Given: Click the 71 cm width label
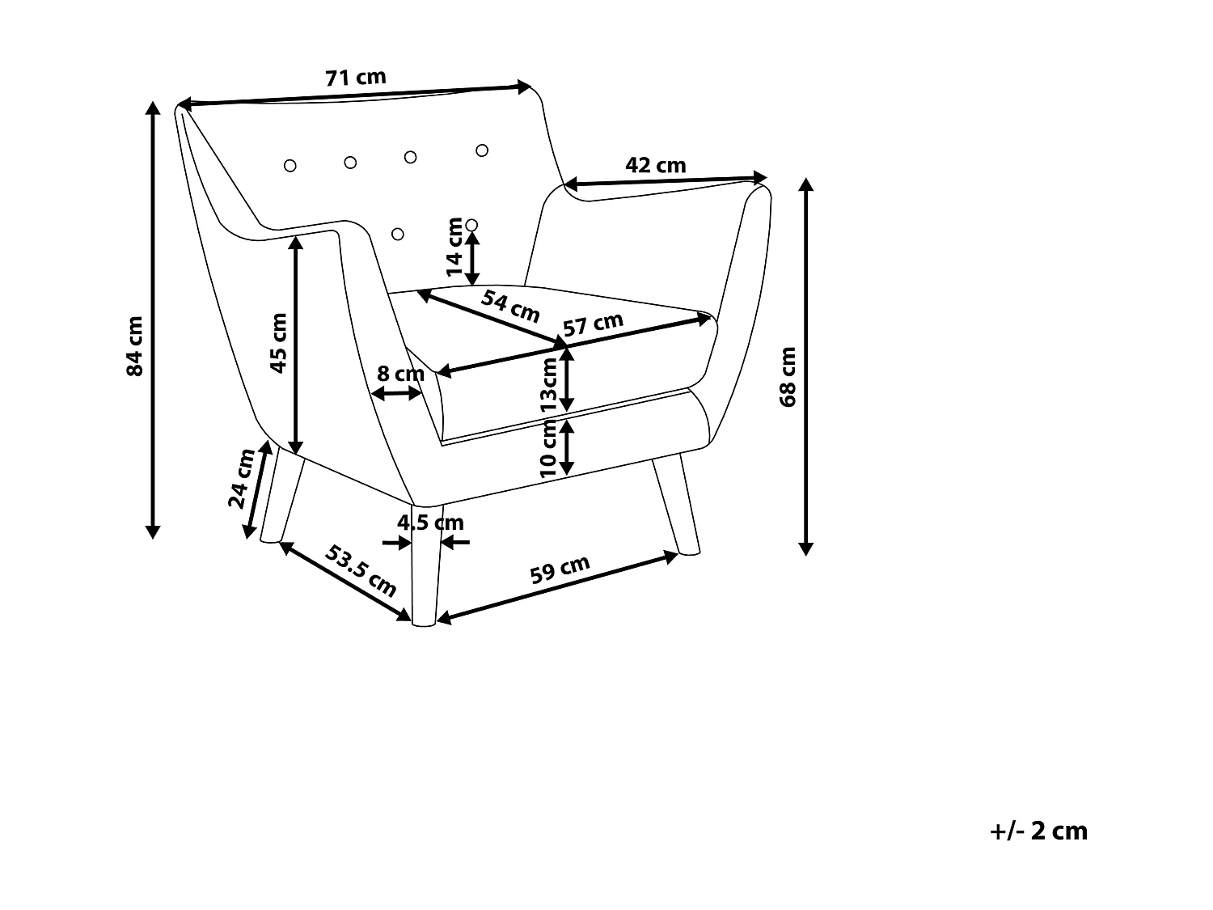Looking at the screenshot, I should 356,78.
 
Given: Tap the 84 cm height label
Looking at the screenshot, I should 135,345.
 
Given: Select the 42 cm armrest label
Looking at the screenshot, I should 656,165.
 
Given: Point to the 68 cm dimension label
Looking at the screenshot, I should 788,376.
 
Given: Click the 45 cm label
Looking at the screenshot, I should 278,342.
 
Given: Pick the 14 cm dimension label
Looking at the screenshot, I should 455,247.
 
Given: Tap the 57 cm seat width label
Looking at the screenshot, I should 594,324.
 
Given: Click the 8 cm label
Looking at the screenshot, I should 400,374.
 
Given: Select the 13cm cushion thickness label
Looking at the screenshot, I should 549,385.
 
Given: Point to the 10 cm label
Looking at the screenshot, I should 549,451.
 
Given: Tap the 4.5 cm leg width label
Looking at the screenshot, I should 430,523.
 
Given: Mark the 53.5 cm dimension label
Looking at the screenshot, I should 361,571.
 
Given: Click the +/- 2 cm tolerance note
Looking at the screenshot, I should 1039,831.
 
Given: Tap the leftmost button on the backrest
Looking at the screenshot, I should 290,166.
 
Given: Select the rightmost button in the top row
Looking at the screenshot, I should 482,150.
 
